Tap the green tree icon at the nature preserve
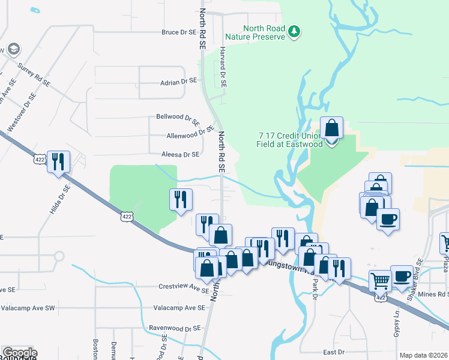point(294,31)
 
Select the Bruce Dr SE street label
point(179,32)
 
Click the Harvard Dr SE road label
point(222,68)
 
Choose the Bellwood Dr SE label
point(178,118)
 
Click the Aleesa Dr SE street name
point(180,154)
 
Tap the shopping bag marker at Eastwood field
point(331,128)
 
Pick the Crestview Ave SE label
point(183,287)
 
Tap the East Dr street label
point(333,352)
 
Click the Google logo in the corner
point(19,353)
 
